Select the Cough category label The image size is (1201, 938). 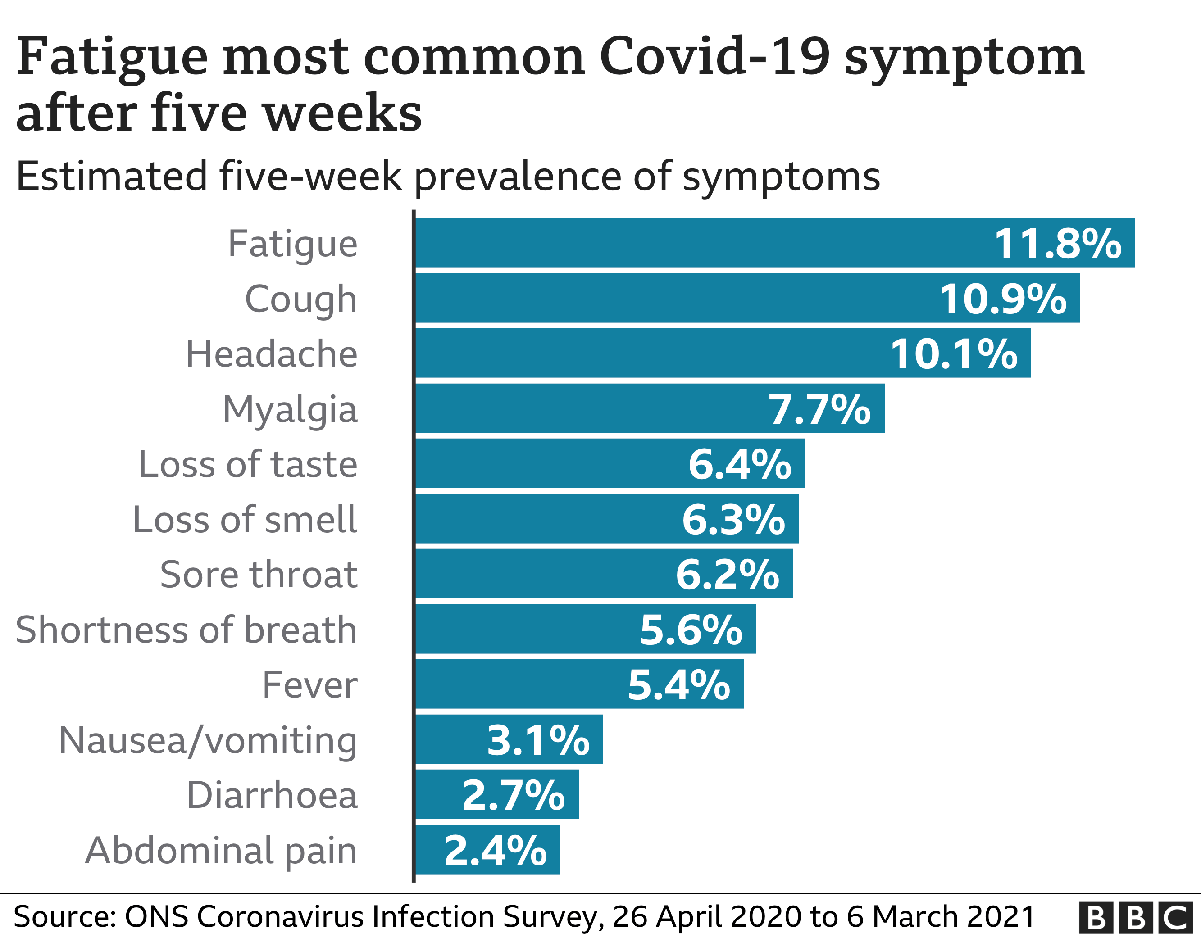pyautogui.click(x=301, y=299)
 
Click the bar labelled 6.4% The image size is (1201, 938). pyautogui.click(x=610, y=463)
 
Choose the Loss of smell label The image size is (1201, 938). pyautogui.click(x=245, y=520)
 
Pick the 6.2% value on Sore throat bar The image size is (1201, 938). pyautogui.click(x=727, y=575)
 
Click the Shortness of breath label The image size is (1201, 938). pyautogui.click(x=187, y=630)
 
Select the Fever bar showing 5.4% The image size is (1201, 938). pyautogui.click(x=578, y=684)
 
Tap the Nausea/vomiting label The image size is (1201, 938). pyautogui.click(x=208, y=741)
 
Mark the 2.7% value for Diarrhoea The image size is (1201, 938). pyautogui.click(x=513, y=796)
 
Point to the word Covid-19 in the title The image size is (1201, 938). pyautogui.click(x=714, y=57)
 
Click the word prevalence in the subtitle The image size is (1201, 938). pyautogui.click(x=518, y=177)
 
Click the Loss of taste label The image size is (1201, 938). pyautogui.click(x=247, y=465)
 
